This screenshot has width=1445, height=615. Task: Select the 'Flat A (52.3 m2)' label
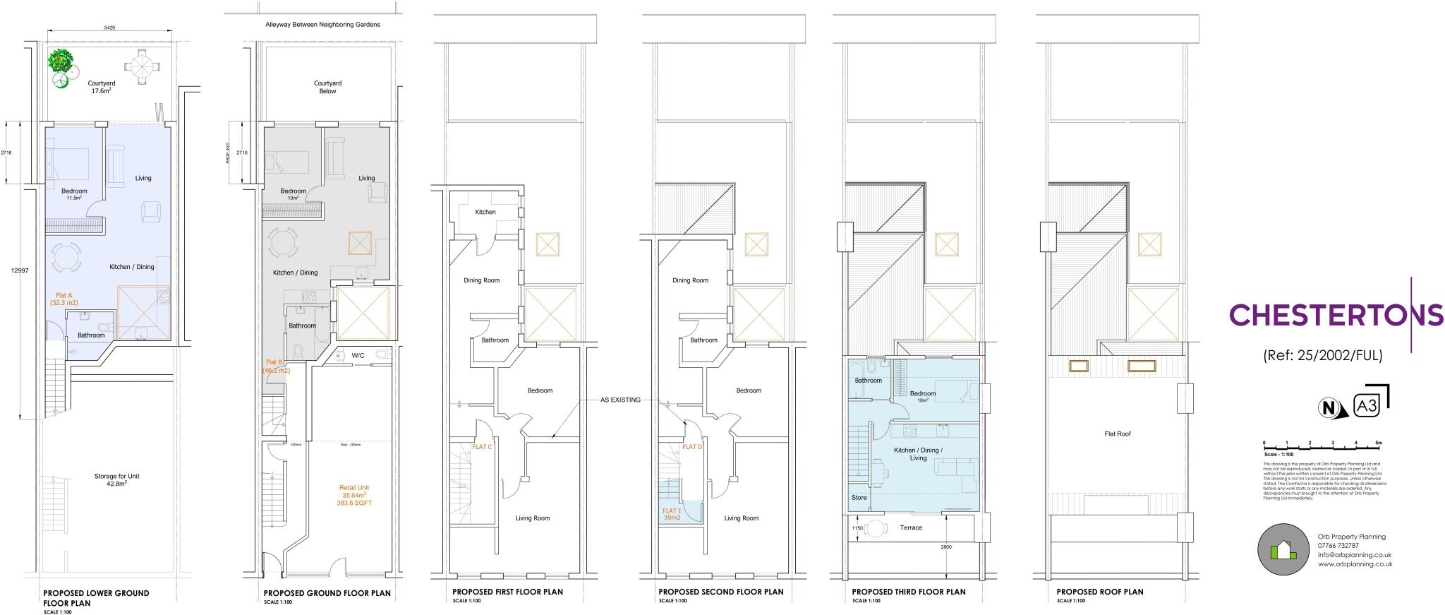[64, 299]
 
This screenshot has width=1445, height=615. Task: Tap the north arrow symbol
[1329, 408]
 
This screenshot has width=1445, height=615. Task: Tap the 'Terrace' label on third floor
[911, 527]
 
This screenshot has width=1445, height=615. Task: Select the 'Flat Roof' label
[1118, 434]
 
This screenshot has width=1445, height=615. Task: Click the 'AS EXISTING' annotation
[620, 400]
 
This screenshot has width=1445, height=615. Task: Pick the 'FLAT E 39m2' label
[672, 514]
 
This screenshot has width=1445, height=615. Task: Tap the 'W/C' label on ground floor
[358, 355]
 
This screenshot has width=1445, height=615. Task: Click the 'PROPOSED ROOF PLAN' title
[1100, 592]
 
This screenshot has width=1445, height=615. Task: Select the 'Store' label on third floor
[859, 498]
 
